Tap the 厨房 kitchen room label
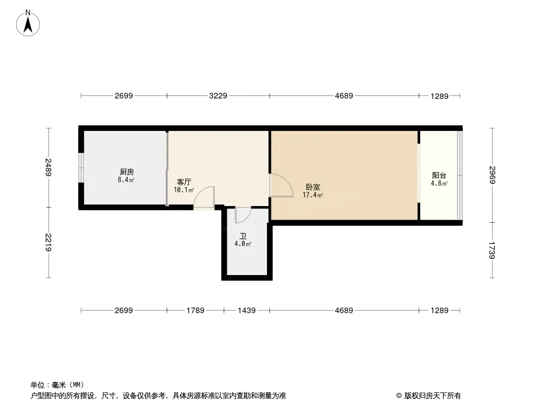pos(127,172)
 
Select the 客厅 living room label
pos(184,182)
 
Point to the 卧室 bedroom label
pos(313,187)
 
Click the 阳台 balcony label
pos(439,175)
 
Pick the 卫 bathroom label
pos(243,236)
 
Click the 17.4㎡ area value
pos(313,195)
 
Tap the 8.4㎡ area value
pos(126,180)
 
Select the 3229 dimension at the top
pos(218,96)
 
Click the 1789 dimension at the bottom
pos(195,311)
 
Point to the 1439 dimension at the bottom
pos(247,311)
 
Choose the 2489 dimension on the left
pos(48,167)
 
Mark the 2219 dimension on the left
pos(48,243)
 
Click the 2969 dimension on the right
pos(492,175)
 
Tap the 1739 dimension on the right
pos(492,250)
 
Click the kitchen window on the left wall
pos(81,167)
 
